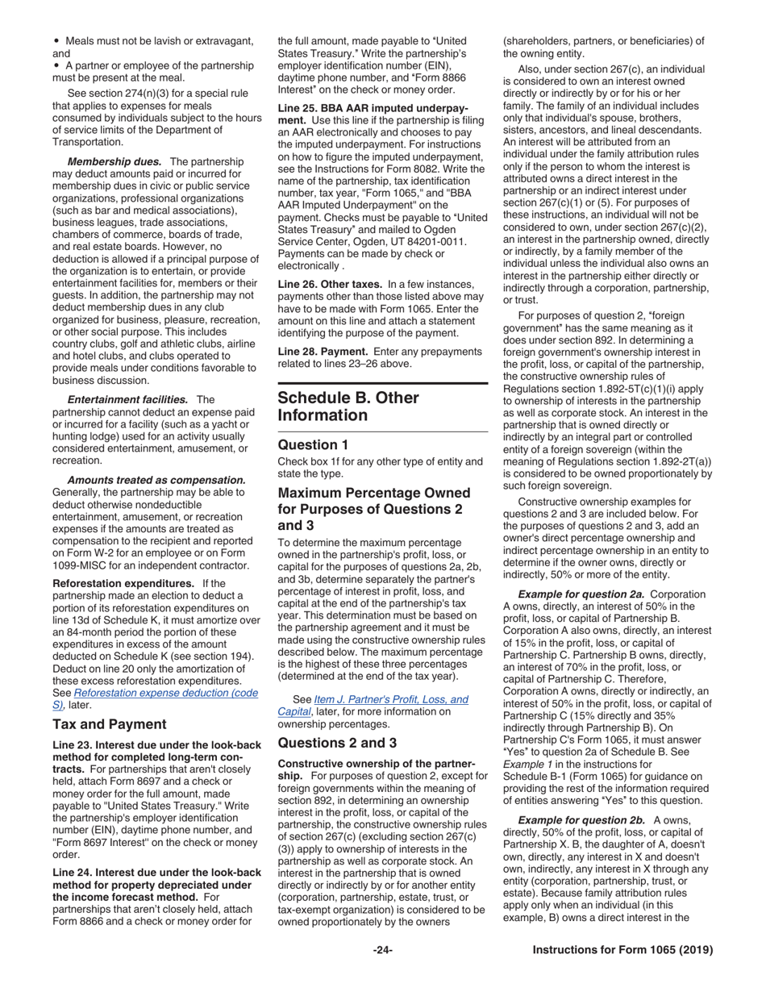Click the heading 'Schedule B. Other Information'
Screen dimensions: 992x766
click(x=348, y=406)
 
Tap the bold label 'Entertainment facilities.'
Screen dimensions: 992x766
click(x=127, y=399)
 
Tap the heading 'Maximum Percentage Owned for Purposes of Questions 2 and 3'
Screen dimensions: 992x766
click(x=374, y=509)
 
